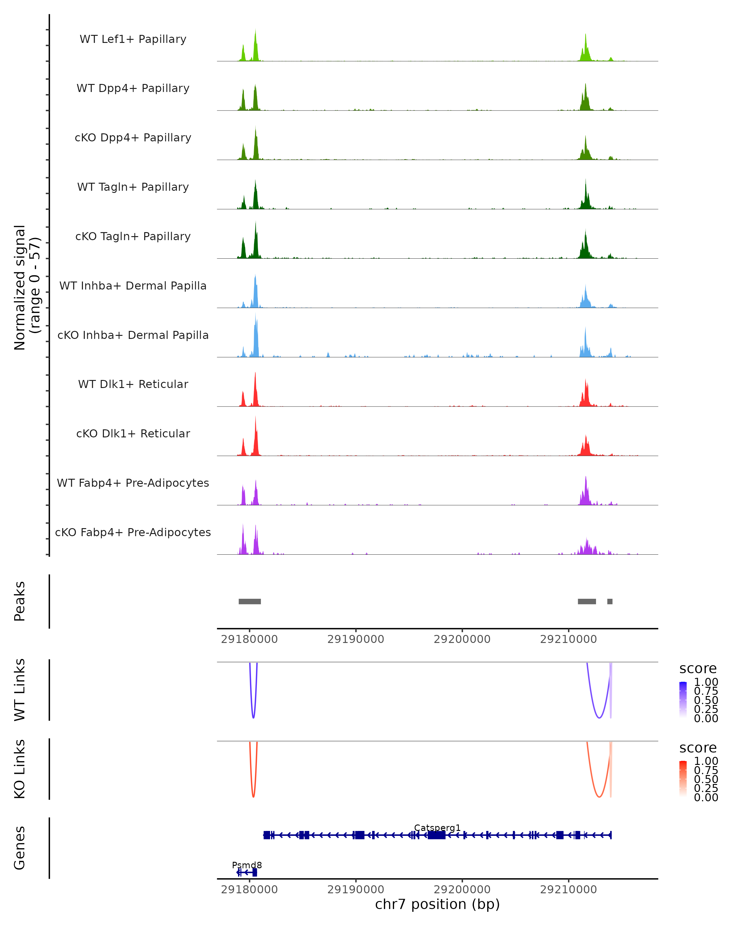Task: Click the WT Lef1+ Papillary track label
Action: [133, 39]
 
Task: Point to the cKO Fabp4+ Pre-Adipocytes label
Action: [133, 532]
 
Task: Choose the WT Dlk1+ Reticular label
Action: [133, 384]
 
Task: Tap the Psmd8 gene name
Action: [247, 865]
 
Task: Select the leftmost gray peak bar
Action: [250, 601]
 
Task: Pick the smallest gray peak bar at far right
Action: [610, 601]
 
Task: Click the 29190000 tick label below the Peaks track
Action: [356, 639]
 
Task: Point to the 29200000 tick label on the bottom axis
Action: [462, 890]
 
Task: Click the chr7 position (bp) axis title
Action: [437, 904]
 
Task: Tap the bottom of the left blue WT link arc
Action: [253, 718]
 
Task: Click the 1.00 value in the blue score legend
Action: [706, 682]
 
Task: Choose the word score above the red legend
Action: [697, 748]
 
